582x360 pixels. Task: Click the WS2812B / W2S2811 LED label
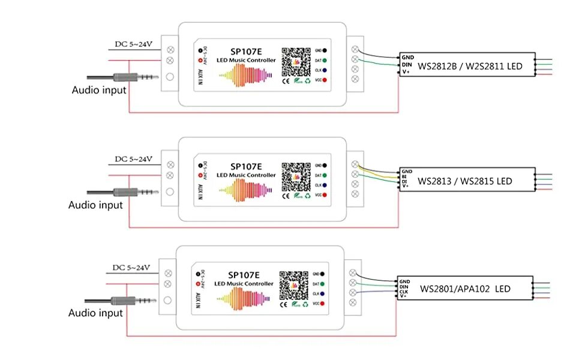click(x=470, y=65)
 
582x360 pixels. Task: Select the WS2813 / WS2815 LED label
click(x=465, y=181)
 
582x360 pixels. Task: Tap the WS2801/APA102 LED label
click(x=465, y=289)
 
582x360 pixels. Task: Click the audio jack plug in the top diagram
click(x=129, y=78)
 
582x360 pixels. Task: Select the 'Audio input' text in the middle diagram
click(x=95, y=205)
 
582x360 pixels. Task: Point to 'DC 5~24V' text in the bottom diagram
click(x=131, y=267)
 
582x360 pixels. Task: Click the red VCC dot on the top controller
click(x=325, y=80)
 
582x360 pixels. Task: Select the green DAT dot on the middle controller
click(x=325, y=175)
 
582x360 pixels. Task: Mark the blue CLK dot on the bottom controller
click(x=322, y=293)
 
